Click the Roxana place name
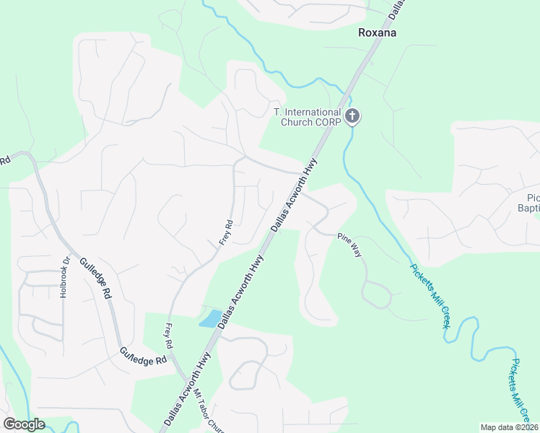378,32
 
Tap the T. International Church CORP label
307,117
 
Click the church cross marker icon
352,115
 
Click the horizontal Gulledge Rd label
144,357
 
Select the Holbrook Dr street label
64,277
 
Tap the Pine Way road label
349,246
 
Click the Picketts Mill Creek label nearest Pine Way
430,297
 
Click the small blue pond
210,319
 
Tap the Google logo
24,424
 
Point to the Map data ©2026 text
509,427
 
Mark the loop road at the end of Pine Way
376,295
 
